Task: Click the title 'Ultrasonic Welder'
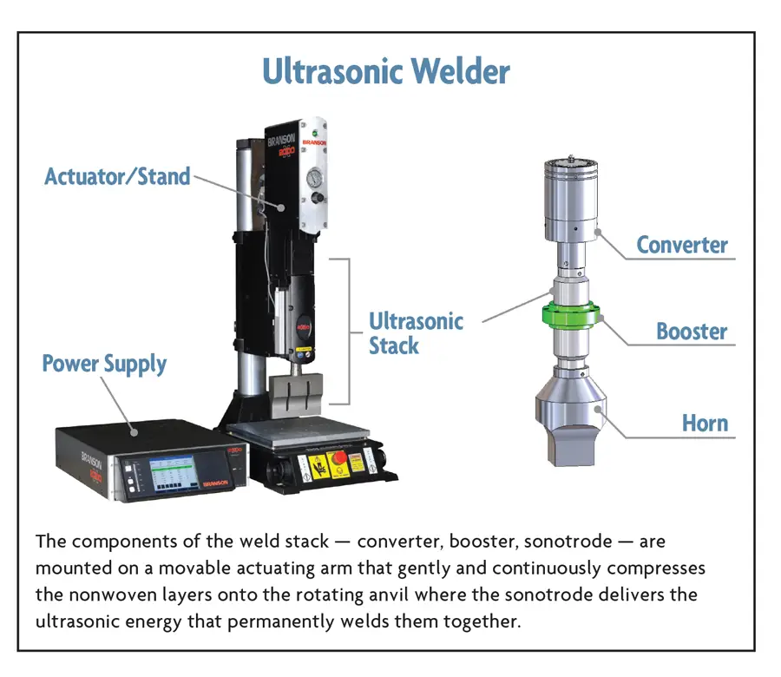click(x=386, y=72)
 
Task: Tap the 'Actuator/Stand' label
click(x=117, y=177)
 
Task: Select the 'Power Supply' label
click(x=104, y=364)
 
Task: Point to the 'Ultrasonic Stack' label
click(x=416, y=333)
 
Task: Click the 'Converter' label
click(x=682, y=245)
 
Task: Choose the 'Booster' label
click(x=692, y=332)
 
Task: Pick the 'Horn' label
click(x=705, y=424)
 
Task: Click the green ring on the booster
click(x=569, y=314)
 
